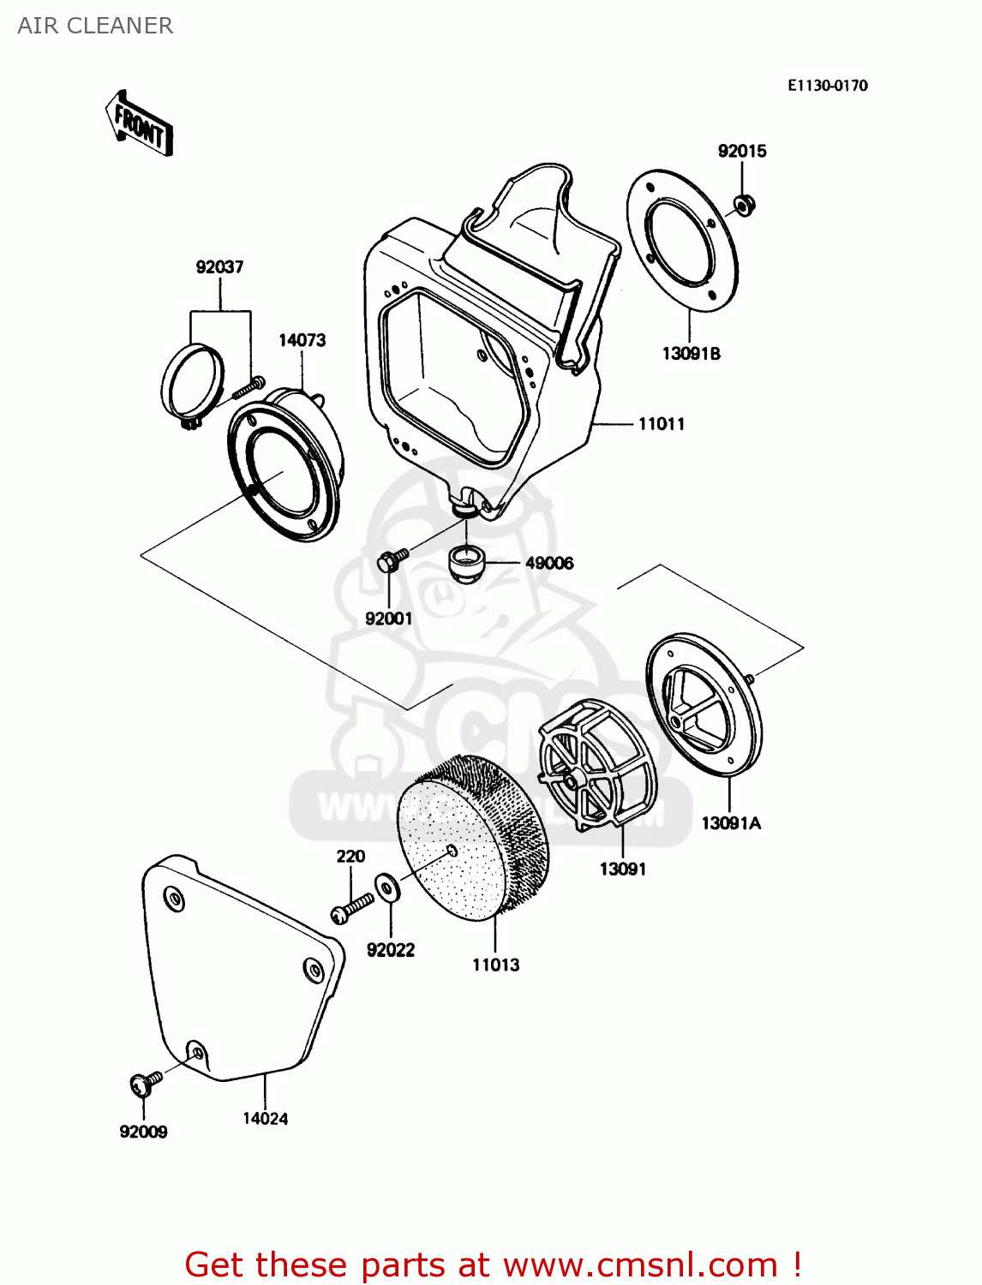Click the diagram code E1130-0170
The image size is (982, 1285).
(x=827, y=86)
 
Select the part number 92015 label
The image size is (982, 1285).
(x=741, y=152)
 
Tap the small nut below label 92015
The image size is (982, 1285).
(x=744, y=205)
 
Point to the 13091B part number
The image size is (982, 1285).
(x=691, y=354)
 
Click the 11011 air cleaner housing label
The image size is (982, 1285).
(x=661, y=424)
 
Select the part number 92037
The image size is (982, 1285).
(x=219, y=267)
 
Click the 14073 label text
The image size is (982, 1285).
(x=302, y=340)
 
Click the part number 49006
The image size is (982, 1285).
(x=548, y=564)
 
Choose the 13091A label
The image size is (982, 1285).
(x=730, y=823)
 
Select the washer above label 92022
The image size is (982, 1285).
(x=387, y=888)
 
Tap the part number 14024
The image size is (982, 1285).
(x=265, y=1119)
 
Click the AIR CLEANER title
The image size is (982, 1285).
(x=95, y=26)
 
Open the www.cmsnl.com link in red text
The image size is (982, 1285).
(x=639, y=1265)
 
